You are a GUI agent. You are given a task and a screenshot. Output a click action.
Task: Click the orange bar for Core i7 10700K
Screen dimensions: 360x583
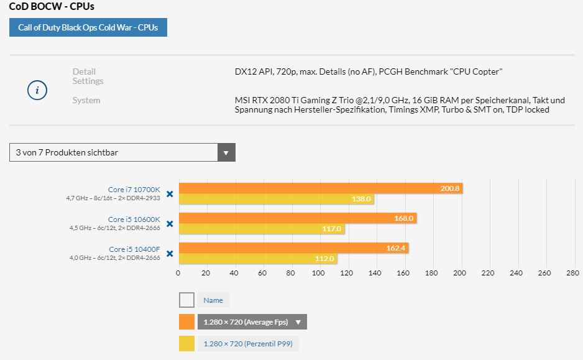(x=320, y=188)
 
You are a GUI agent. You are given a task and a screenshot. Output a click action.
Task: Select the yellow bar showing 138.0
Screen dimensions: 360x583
(x=276, y=199)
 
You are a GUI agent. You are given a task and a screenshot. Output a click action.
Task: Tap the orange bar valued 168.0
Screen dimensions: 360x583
(x=297, y=218)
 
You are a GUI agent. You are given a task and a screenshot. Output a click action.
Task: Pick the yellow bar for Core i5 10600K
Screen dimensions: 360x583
(x=261, y=229)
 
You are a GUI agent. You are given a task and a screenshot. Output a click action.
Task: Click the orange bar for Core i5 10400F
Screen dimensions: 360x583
(x=293, y=248)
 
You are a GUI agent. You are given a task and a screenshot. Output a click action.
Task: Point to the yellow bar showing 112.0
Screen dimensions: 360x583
(x=257, y=259)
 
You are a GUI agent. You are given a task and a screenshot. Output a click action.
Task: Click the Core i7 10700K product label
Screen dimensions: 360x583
(x=134, y=190)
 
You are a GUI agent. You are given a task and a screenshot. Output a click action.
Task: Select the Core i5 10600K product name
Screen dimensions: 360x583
(x=134, y=219)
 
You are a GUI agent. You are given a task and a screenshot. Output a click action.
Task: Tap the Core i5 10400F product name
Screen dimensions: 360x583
(x=134, y=249)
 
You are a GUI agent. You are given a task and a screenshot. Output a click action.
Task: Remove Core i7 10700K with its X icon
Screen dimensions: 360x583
(x=170, y=194)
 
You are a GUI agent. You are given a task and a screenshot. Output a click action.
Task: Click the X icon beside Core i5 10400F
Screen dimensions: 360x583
(x=170, y=254)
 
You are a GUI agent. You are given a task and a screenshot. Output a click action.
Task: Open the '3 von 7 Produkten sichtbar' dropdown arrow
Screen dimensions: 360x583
(x=226, y=152)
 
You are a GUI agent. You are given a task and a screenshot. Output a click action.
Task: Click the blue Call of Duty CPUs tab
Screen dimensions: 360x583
(x=88, y=28)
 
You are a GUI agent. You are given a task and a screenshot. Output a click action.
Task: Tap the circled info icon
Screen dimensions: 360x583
(x=37, y=90)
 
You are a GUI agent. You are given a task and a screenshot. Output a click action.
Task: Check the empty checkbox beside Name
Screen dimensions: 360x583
(x=186, y=300)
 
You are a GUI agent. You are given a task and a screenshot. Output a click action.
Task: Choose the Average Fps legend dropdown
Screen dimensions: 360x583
(x=252, y=322)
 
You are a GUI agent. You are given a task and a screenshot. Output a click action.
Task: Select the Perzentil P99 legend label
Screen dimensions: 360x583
(x=247, y=344)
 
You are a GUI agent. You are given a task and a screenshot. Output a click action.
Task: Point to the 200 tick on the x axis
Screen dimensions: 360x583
(x=460, y=273)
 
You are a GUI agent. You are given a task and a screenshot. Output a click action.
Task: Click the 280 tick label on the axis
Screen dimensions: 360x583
(x=572, y=273)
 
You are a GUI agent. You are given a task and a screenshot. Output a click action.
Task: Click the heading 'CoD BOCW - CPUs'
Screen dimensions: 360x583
(x=52, y=7)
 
